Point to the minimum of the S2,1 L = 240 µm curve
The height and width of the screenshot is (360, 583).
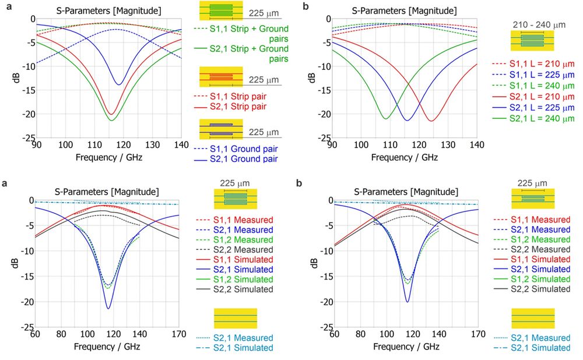click(x=385, y=119)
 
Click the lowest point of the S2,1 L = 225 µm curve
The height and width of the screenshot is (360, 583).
click(x=407, y=121)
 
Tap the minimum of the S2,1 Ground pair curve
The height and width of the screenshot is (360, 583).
click(x=119, y=85)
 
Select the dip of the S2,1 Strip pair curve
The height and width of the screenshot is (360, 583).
click(x=110, y=114)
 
